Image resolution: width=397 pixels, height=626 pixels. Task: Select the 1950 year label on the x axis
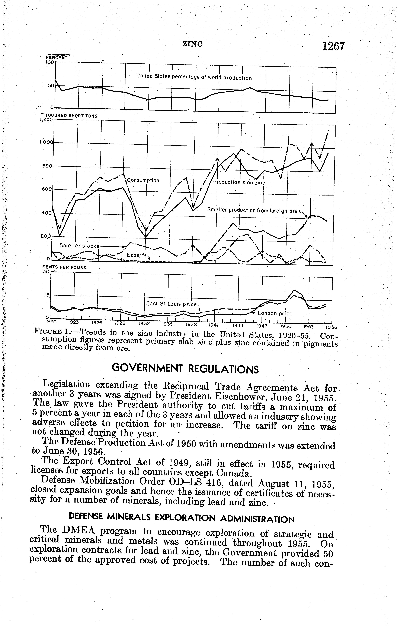[286, 326]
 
